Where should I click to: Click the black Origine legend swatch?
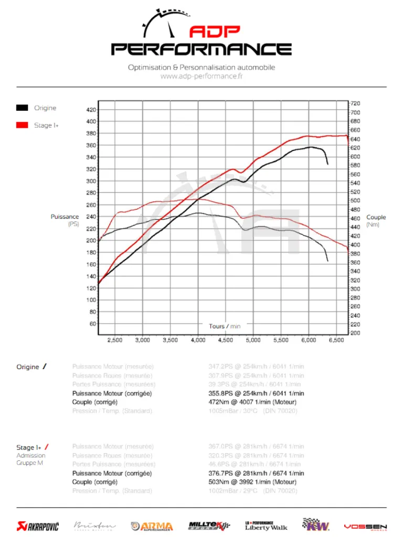[22, 108]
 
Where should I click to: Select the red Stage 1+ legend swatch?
[22, 125]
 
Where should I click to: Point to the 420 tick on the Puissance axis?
[91, 110]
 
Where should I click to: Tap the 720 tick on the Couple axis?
[355, 103]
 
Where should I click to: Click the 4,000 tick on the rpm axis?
[198, 340]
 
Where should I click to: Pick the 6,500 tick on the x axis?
[336, 340]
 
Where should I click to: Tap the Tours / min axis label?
[225, 326]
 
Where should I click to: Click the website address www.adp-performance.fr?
[201, 76]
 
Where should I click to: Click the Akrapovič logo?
[37, 526]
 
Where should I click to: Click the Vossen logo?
[365, 526]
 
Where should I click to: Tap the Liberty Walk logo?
[266, 525]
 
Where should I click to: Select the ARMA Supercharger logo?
[152, 526]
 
